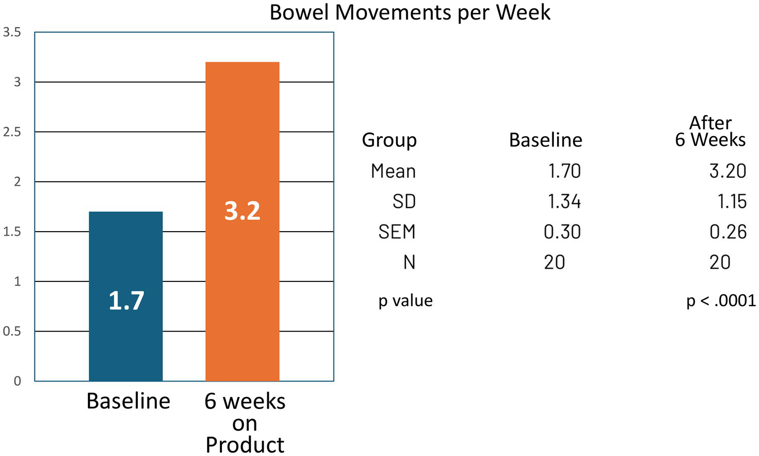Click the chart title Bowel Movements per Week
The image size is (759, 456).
click(410, 12)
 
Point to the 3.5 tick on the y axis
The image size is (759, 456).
click(12, 32)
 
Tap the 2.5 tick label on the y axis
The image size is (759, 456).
click(12, 132)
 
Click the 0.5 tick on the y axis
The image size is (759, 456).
click(12, 331)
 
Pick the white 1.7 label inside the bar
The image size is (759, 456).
click(126, 300)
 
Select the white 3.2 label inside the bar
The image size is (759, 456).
click(242, 211)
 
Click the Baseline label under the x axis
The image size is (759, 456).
click(128, 401)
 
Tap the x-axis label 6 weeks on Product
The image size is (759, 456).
click(245, 423)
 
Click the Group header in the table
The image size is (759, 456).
click(389, 140)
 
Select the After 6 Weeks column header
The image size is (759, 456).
click(710, 131)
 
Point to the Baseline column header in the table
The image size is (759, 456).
click(545, 140)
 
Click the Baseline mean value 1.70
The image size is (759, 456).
click(564, 171)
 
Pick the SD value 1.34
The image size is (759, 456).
click(564, 201)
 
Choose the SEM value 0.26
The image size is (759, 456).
click(728, 232)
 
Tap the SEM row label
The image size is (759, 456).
click(396, 232)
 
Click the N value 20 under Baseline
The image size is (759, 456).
click(554, 262)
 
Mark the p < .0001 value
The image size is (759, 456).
click(720, 300)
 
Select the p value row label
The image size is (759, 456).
click(405, 300)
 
